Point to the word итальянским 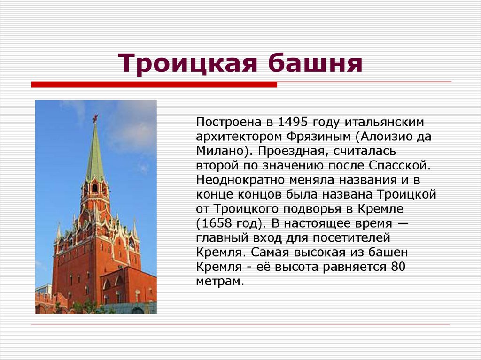click(385, 122)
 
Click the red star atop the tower click(95, 118)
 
